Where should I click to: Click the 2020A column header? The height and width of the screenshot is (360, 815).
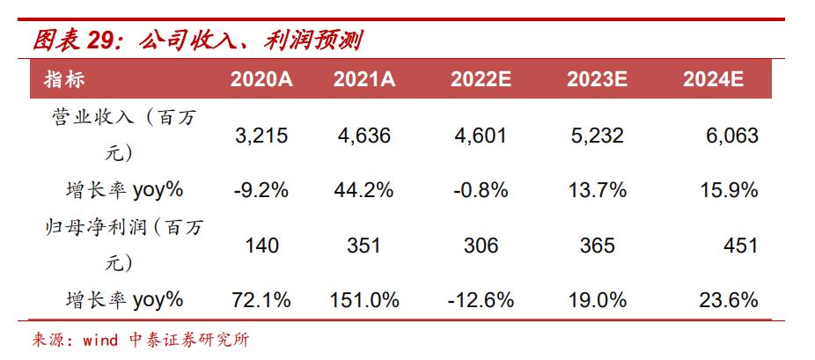[261, 79]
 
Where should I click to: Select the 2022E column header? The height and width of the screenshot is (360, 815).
[481, 79]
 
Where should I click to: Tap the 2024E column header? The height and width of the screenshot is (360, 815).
[713, 79]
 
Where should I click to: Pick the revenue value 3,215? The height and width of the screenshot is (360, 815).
[261, 136]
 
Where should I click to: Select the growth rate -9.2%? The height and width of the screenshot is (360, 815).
[261, 189]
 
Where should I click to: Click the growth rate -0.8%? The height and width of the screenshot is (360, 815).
[481, 189]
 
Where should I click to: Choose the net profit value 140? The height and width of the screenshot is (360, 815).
[261, 246]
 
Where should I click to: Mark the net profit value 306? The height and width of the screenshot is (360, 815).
[481, 246]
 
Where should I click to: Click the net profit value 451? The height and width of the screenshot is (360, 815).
[740, 246]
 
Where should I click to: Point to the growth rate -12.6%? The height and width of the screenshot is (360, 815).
[481, 300]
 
